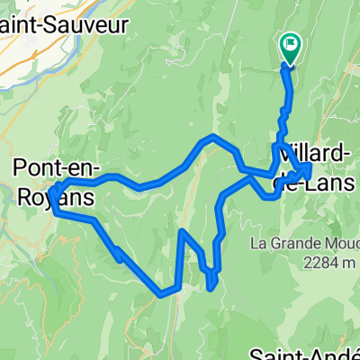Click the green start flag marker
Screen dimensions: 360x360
[292, 46]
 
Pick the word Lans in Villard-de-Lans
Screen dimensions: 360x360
[334, 180]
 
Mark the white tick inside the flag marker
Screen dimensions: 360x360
[292, 41]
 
